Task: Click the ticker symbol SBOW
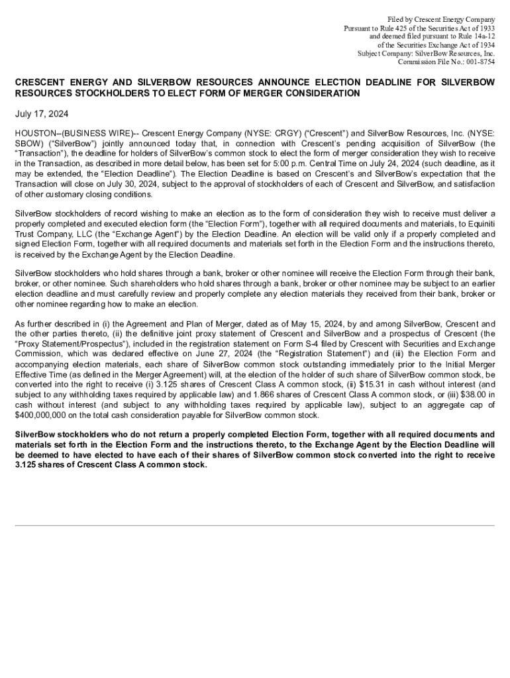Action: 28,143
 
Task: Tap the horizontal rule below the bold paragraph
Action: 255,526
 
